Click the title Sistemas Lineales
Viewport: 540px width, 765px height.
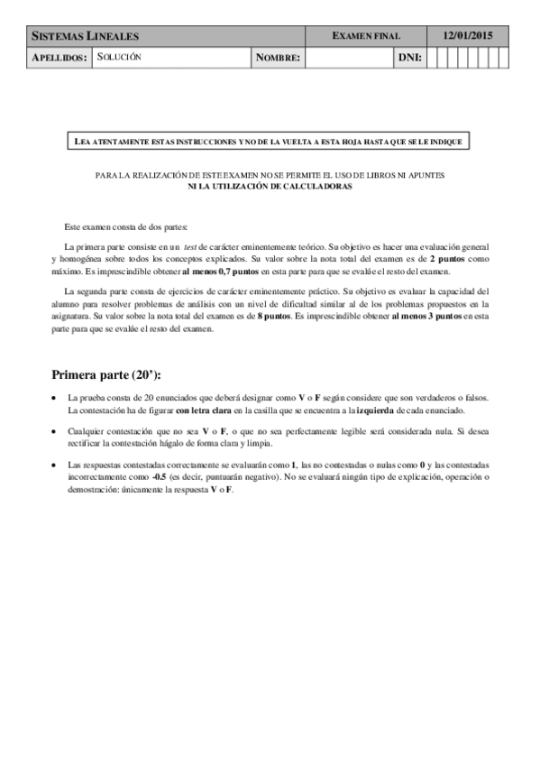(x=85, y=36)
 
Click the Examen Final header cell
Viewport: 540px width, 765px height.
(x=366, y=36)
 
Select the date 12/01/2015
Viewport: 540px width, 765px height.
(x=467, y=36)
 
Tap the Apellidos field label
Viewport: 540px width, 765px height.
(x=59, y=58)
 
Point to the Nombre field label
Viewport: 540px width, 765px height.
(x=278, y=58)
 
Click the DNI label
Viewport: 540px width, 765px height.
(x=410, y=58)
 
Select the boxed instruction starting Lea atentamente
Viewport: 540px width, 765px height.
(x=269, y=143)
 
